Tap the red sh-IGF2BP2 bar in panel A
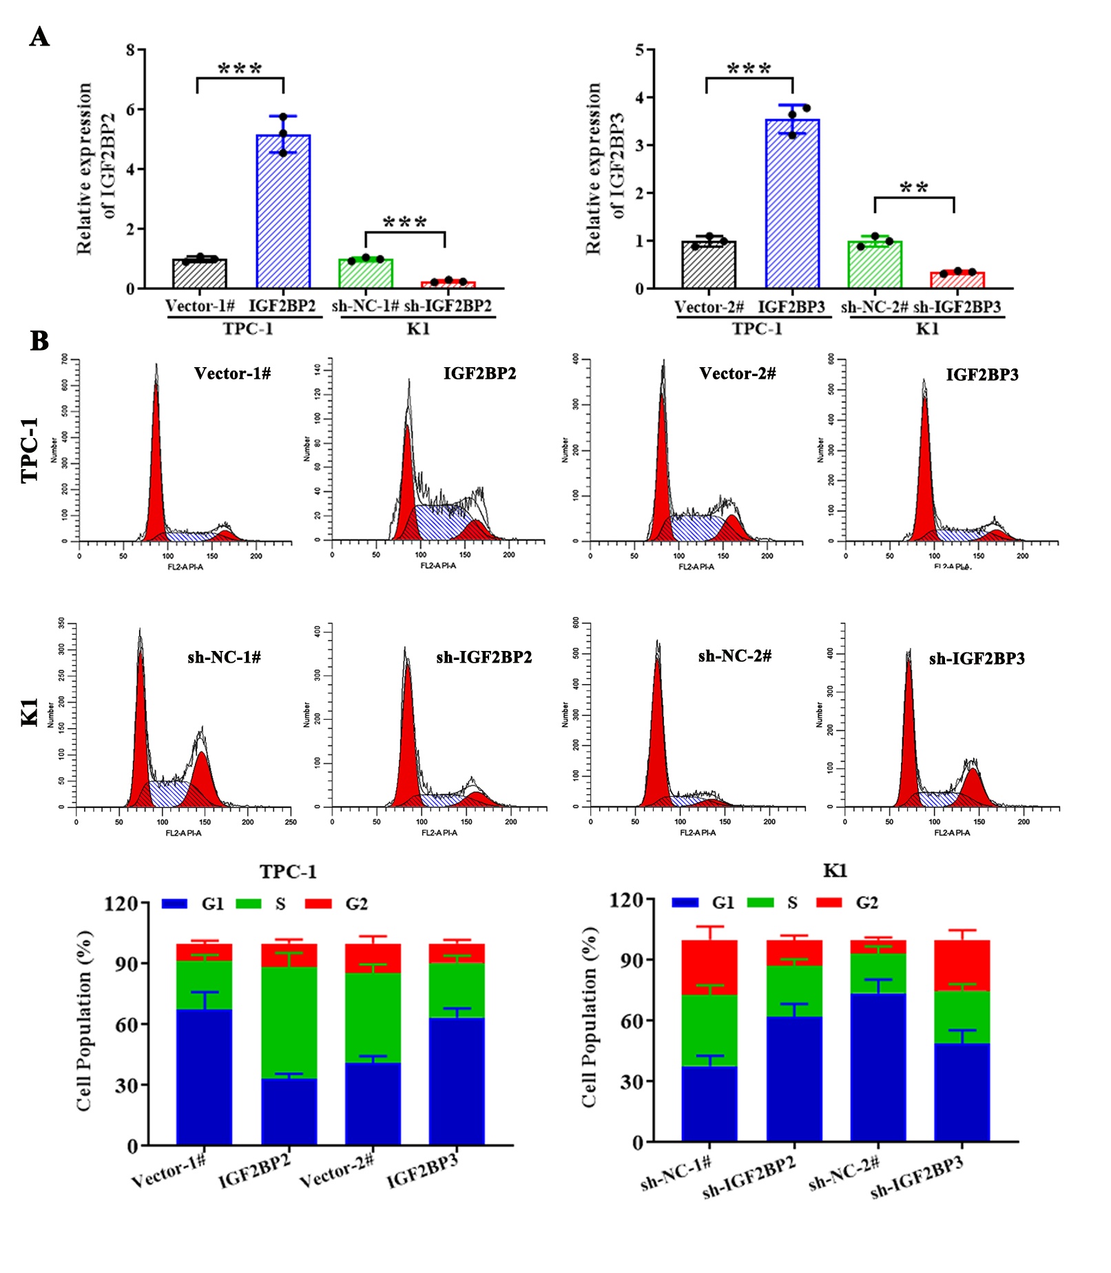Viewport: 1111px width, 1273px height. click(448, 284)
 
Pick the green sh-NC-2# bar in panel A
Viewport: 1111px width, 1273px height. click(875, 265)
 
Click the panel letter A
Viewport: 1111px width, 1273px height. click(39, 37)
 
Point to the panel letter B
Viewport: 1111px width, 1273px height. click(39, 340)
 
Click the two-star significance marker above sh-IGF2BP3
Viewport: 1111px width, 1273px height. click(914, 188)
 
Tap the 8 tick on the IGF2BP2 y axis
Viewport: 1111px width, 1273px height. click(131, 50)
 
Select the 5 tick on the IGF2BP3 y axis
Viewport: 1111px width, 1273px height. click(640, 50)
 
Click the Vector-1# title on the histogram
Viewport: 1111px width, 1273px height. click(232, 374)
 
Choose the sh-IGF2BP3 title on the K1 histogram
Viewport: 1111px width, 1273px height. click(977, 659)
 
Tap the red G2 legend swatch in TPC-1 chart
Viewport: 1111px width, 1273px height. click(318, 904)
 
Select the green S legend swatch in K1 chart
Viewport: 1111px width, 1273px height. click(760, 902)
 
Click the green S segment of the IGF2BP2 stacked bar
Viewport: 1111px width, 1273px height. click(289, 1022)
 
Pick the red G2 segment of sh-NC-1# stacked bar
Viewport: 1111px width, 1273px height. click(709, 967)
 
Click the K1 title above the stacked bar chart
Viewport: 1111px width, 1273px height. click(835, 871)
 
